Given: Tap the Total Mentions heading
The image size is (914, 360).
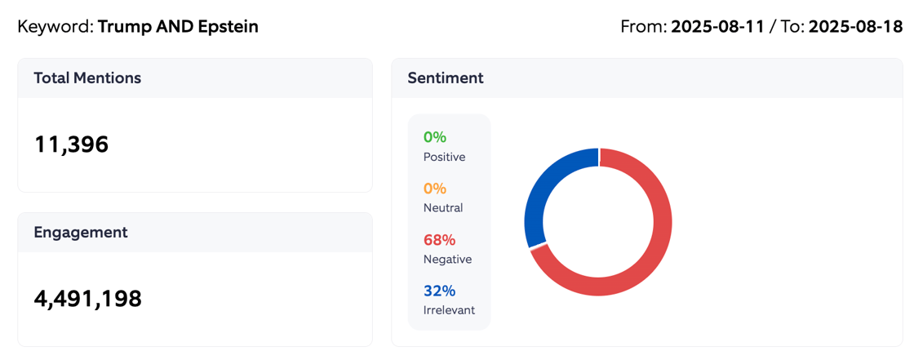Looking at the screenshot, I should (87, 78).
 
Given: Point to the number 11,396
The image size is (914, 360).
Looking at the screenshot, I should (71, 144).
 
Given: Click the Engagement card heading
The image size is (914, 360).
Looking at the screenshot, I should (81, 233).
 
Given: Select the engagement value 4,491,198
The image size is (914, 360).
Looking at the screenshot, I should (87, 299).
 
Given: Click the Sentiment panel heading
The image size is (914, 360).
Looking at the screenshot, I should (446, 78).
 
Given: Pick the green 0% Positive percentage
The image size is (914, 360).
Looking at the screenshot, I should (435, 137).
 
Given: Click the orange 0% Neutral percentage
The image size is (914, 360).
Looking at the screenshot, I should (435, 189).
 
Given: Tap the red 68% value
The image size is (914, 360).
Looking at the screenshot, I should (439, 240).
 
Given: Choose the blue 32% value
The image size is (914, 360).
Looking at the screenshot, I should (439, 291).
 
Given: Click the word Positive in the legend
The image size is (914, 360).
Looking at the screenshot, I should (444, 157).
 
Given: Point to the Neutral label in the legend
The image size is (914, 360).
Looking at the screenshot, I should (443, 208).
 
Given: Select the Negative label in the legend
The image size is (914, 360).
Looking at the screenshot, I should (447, 260).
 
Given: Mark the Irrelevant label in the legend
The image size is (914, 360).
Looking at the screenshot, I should (449, 310).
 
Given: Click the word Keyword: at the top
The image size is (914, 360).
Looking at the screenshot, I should (55, 27).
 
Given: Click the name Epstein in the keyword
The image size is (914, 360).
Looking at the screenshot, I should (228, 27).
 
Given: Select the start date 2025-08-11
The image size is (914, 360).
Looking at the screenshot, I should (717, 27).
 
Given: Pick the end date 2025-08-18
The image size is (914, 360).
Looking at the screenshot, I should (856, 27).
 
